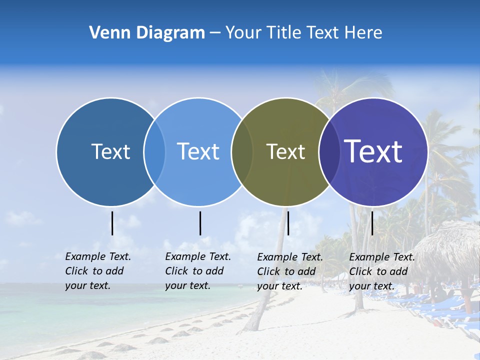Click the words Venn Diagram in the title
pos(147,33)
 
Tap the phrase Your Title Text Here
pos(303,33)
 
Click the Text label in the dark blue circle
pos(110,151)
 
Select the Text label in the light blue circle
pos(198,151)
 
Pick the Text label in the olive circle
pos(285,151)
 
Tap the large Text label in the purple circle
pos(373,151)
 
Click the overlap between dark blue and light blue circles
pos(154,151)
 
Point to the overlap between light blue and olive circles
pos(242,151)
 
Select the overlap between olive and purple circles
pos(329,151)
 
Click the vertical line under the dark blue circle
pos(112,223)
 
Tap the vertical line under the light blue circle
pos(200,223)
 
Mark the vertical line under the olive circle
pos(288,223)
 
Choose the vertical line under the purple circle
pos(372,223)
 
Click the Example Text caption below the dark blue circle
pos(97,271)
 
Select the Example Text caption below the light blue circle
pos(197,271)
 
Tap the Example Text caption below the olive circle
pos(289,271)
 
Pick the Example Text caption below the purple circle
pos(381,271)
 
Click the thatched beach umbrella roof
pos(450,245)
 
